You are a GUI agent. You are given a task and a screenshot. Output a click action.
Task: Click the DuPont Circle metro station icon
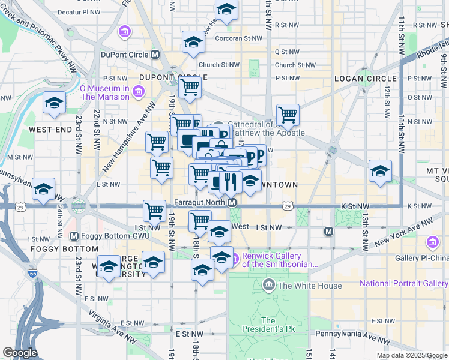tap(155, 55)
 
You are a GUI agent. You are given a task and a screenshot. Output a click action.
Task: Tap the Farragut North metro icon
tap(232, 203)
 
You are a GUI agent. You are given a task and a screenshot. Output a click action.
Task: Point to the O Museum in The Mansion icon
tap(139, 91)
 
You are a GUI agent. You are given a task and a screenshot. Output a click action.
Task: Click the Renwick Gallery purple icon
tap(235, 259)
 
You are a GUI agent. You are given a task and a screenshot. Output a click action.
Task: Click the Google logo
tap(19, 353)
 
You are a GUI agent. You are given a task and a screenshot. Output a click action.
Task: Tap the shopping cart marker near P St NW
tap(190, 87)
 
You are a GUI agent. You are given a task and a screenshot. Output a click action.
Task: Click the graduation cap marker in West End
tap(55, 103)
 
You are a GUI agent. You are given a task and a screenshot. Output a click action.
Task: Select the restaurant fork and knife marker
tap(231, 181)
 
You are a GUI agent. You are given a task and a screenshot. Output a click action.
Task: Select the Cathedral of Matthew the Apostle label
tap(268, 128)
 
